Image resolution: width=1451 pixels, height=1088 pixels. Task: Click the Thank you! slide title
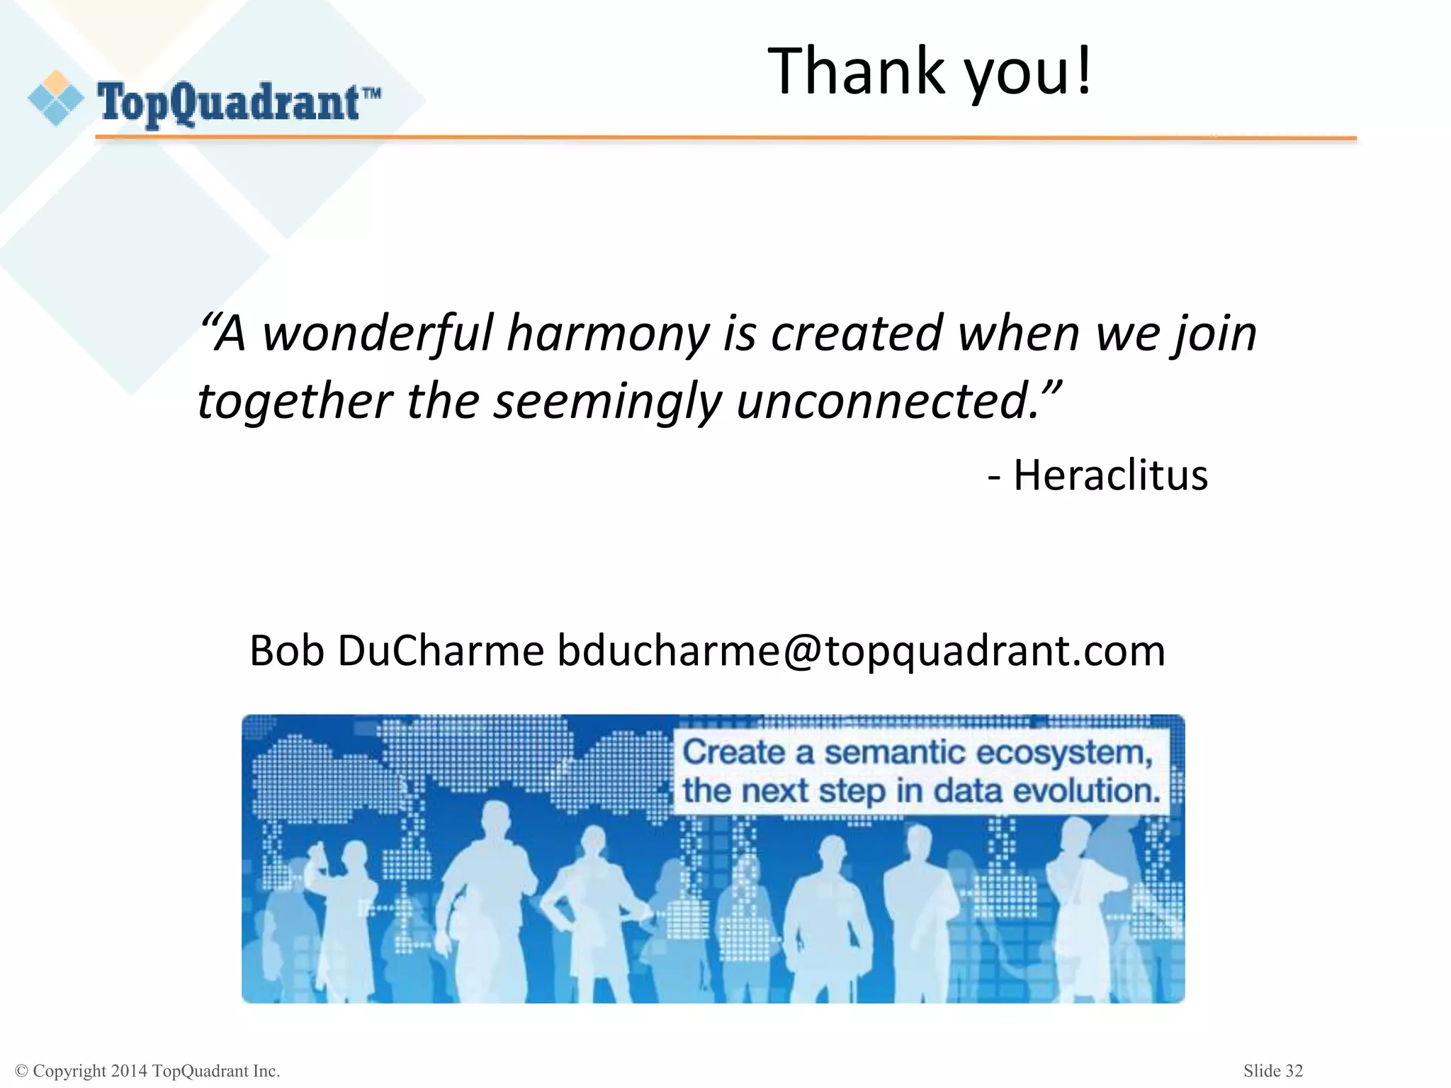point(930,71)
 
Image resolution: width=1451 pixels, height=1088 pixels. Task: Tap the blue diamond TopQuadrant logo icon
point(56,98)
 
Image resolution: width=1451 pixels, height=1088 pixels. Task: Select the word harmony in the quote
point(608,334)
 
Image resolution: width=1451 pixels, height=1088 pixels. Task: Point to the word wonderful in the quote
point(378,333)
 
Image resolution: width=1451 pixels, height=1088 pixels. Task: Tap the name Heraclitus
point(1110,475)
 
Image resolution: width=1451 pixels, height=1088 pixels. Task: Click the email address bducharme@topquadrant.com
point(861,650)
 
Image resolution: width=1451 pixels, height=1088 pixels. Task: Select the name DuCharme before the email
point(440,650)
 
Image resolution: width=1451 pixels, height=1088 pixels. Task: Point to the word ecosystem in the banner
point(1064,752)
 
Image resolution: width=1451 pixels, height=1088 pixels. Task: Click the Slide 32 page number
point(1272,1070)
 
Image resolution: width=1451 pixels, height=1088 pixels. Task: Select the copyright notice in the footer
point(147,1071)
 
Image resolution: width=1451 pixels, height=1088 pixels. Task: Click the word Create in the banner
point(733,752)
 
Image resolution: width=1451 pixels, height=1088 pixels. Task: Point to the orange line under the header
point(725,138)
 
